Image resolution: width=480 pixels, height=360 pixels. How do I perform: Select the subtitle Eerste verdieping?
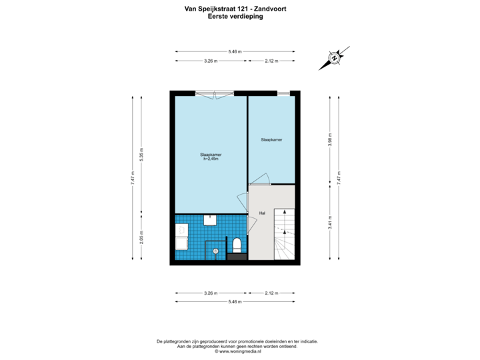[235, 17]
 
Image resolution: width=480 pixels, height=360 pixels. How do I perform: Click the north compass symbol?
[334, 58]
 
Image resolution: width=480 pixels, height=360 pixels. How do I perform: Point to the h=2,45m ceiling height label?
[211, 159]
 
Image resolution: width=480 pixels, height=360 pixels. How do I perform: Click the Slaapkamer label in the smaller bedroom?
[271, 140]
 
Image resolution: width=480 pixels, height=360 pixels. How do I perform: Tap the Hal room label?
[263, 213]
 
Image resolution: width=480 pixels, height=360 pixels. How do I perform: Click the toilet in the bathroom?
[236, 244]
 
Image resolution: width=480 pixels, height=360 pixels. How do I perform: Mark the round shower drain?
[215, 251]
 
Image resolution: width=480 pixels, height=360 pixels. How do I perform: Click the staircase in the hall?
[283, 233]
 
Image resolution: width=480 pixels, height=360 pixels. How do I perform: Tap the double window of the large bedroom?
[214, 94]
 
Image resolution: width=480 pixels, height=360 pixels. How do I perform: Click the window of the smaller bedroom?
[284, 93]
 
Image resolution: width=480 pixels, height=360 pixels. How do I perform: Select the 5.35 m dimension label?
[141, 154]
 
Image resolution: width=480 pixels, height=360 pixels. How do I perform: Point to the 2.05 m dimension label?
[141, 237]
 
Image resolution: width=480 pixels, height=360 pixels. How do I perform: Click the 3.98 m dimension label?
[330, 139]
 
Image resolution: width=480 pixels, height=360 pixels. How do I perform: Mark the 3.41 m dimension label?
[330, 221]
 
